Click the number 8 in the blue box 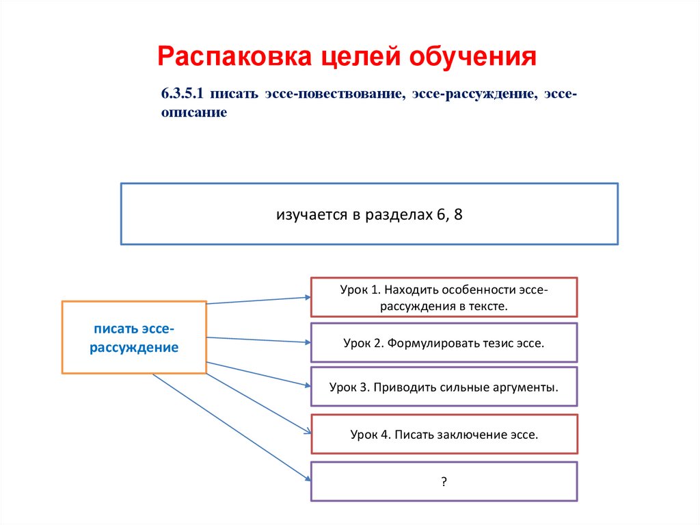pyautogui.click(x=458, y=214)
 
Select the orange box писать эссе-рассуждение pyautogui.click(x=134, y=337)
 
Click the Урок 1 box pyautogui.click(x=444, y=297)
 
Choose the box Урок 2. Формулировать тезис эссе pyautogui.click(x=444, y=342)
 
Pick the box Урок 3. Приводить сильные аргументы pyautogui.click(x=444, y=387)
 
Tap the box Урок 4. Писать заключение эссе pyautogui.click(x=444, y=434)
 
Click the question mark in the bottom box pyautogui.click(x=444, y=482)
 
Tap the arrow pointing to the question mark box pyautogui.click(x=232, y=429)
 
